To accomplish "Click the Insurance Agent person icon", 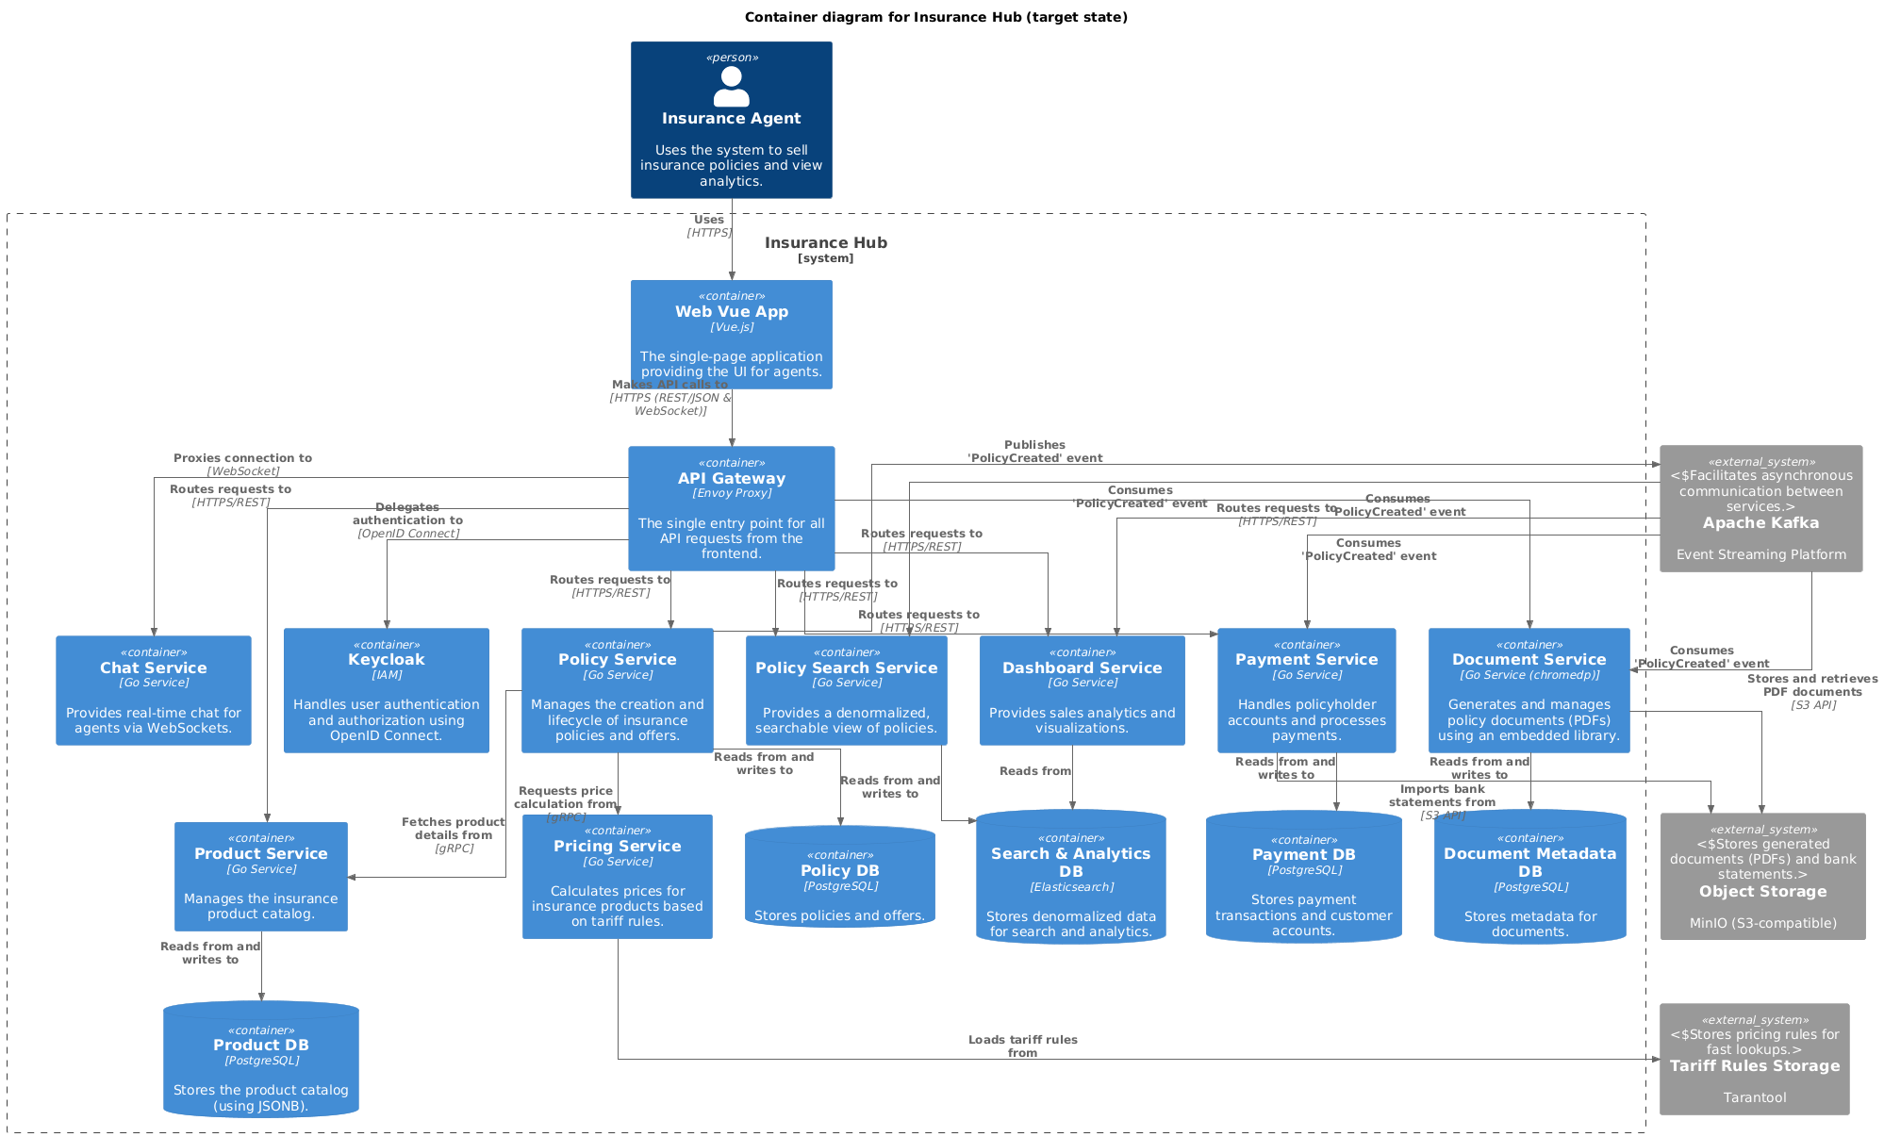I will point(731,87).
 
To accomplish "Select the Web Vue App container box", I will point(731,334).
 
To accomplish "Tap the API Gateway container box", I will point(731,508).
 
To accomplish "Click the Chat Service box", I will point(154,690).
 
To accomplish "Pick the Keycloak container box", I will point(386,690).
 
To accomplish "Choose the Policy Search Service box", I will point(846,690).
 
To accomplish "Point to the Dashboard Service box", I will point(1082,690).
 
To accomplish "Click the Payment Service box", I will point(1306,690).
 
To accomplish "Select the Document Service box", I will point(1529,690).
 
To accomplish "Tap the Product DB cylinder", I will point(261,1060).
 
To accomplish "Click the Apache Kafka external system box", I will point(1760,508).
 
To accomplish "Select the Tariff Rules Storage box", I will point(1754,1059).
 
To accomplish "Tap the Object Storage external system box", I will point(1762,876).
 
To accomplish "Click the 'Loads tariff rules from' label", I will point(1022,1046).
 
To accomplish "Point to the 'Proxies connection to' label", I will point(242,458).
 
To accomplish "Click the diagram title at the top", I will point(935,17).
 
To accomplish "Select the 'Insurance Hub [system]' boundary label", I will point(825,249).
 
